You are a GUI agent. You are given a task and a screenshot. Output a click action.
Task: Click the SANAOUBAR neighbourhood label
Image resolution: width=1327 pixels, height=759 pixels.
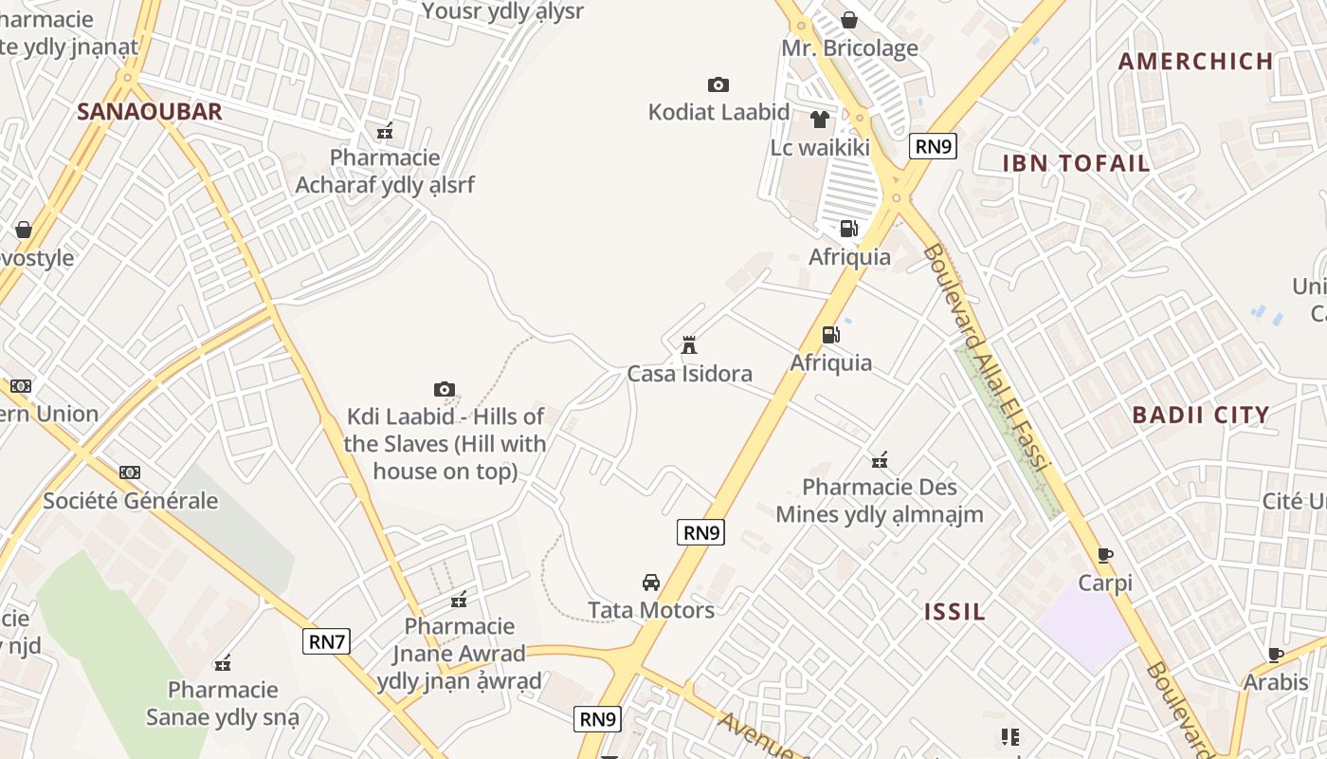click(x=149, y=111)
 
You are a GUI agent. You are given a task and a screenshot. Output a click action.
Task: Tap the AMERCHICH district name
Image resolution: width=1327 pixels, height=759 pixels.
click(x=1195, y=62)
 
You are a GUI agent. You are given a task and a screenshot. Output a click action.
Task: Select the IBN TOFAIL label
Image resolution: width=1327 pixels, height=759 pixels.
click(x=1076, y=163)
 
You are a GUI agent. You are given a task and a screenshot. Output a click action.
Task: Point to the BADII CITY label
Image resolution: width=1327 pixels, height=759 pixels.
click(x=1200, y=415)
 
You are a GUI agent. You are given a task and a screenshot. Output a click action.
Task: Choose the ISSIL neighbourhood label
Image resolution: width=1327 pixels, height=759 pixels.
click(x=954, y=612)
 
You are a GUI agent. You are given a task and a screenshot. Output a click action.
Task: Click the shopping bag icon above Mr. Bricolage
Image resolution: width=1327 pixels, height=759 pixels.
click(x=849, y=20)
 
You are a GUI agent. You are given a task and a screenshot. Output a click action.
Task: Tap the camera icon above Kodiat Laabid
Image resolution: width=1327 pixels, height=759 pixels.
click(x=718, y=85)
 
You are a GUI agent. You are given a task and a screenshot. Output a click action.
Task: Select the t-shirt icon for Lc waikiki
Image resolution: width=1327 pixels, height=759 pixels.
click(x=819, y=120)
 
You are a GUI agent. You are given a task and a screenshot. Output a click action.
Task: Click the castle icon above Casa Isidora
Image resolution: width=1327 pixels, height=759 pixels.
click(x=689, y=345)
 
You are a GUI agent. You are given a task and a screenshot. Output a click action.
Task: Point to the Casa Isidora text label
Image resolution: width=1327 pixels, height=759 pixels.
click(x=689, y=374)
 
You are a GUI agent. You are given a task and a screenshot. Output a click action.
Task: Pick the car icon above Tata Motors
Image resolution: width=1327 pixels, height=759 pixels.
click(x=650, y=583)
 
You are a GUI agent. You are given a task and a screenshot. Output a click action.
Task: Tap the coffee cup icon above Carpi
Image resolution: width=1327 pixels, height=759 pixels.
click(x=1104, y=555)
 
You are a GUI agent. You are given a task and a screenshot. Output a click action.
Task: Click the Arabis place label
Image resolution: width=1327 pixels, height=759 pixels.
click(x=1276, y=682)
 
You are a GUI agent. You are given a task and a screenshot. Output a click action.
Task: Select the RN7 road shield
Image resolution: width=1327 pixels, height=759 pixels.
click(x=327, y=641)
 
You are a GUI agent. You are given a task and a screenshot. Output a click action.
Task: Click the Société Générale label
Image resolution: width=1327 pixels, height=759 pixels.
click(x=131, y=500)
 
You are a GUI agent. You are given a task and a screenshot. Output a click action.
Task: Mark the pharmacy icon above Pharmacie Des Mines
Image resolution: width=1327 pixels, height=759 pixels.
click(x=880, y=461)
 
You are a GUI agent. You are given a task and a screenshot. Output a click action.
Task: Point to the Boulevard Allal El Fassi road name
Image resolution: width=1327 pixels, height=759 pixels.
click(x=986, y=358)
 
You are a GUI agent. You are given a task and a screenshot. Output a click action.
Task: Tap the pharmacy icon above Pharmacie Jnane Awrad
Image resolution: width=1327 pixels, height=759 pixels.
click(x=459, y=600)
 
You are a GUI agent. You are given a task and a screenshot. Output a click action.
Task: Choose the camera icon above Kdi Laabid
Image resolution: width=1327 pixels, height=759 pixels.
click(x=444, y=389)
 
